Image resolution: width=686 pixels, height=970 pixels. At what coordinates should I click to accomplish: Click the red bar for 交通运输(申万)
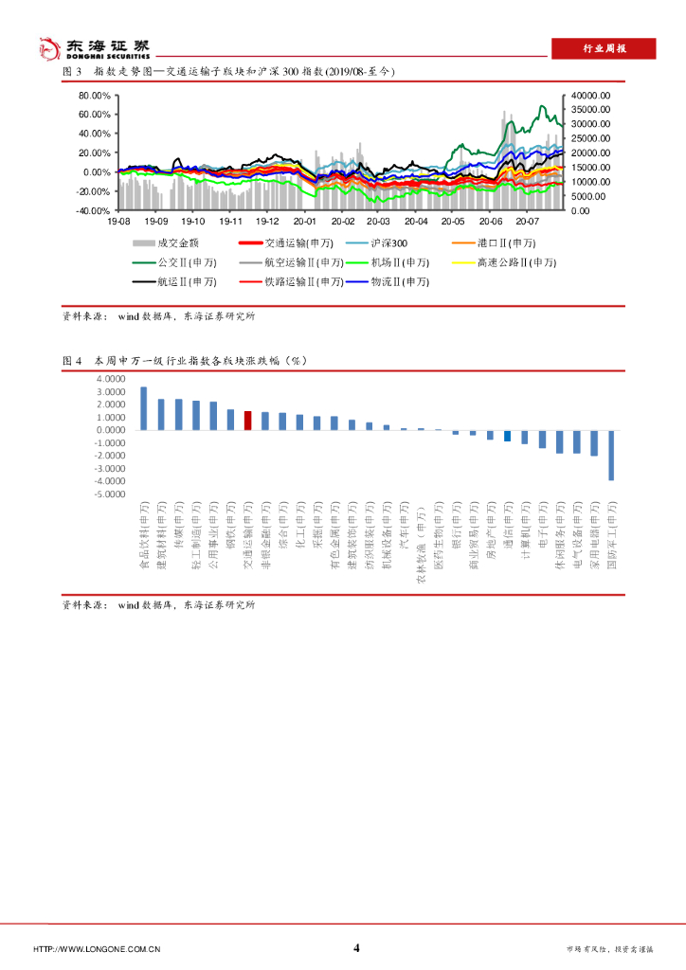247,421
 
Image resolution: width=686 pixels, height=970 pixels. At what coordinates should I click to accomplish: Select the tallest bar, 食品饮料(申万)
143,408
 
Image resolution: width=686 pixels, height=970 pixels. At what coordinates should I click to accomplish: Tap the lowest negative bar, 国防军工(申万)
611,455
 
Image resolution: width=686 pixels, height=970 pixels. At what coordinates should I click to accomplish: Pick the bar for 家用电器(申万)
594,442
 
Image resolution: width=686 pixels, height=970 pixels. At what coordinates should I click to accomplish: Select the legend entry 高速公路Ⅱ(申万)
505,262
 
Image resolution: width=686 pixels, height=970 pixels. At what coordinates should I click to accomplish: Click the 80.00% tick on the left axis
95,96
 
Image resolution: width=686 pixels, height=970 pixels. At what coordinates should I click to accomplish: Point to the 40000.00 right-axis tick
591,96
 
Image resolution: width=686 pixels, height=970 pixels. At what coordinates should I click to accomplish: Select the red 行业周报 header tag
604,49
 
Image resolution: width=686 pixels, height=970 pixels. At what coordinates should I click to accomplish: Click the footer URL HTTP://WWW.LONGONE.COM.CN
97,949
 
